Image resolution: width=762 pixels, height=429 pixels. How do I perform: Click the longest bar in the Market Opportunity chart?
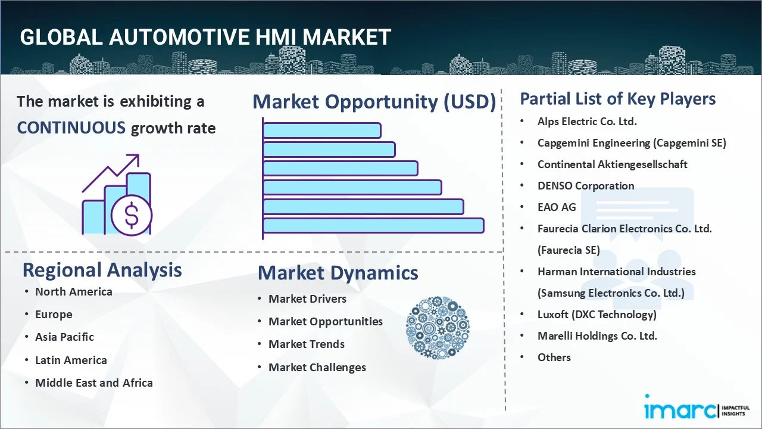373,226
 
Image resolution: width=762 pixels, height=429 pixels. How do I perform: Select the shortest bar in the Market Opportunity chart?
321,130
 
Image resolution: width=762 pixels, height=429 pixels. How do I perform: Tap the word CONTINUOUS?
71,128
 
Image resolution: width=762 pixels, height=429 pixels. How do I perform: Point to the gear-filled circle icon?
438,328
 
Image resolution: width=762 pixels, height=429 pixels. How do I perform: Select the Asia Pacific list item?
64,337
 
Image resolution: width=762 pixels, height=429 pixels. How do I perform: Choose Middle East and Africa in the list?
94,383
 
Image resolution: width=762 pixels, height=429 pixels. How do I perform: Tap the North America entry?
74,292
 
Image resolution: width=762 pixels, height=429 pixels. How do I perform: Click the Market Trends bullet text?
307,344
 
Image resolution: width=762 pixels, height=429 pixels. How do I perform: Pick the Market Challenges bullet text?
317,368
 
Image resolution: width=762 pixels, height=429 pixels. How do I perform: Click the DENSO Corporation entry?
586,186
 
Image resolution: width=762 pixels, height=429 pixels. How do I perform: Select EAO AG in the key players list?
557,207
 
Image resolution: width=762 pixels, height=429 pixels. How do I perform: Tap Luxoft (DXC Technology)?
597,315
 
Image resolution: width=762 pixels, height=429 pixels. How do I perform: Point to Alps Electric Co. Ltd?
587,122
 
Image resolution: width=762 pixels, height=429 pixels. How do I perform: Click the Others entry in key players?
554,357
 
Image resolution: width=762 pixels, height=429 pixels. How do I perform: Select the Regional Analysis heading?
102,270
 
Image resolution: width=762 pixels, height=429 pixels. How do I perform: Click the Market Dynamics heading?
338,273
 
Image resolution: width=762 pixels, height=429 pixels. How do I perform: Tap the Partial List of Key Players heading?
618,99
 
